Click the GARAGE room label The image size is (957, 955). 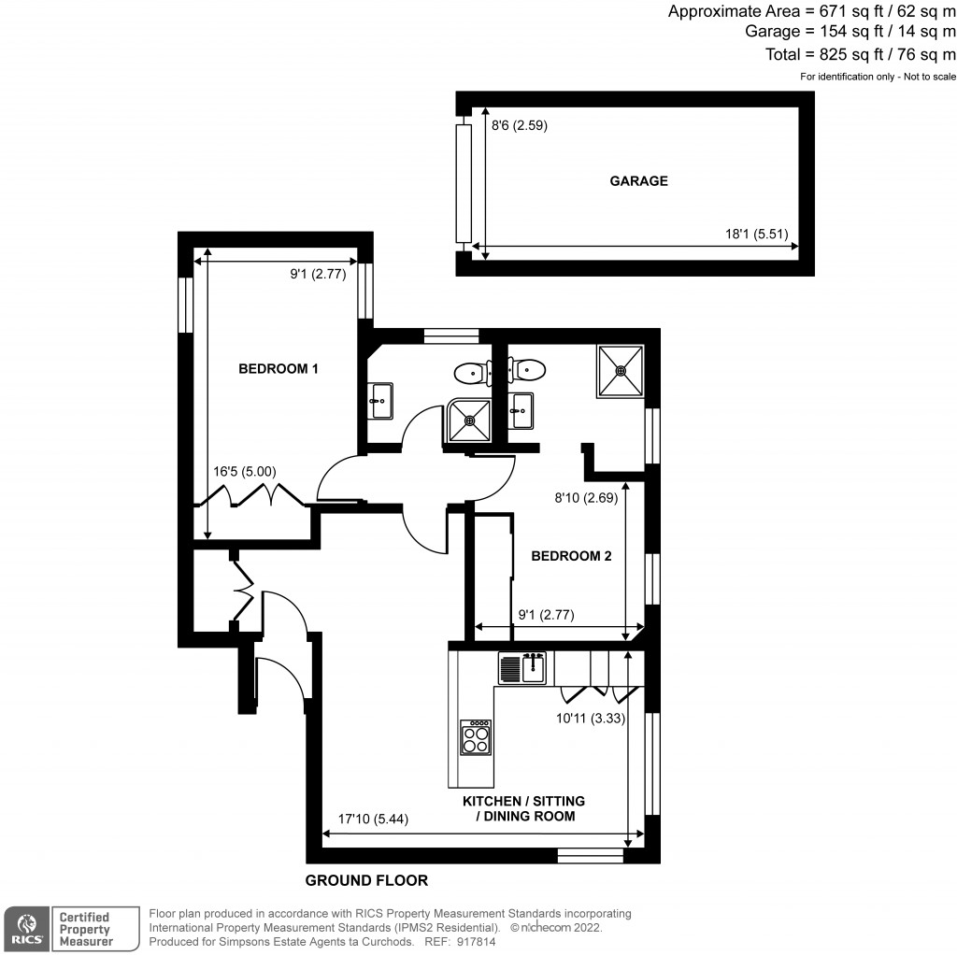(x=638, y=180)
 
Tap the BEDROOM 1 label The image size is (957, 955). (x=278, y=368)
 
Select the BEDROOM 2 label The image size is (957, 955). (x=571, y=556)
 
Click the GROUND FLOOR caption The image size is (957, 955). (x=366, y=880)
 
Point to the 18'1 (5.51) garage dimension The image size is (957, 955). (x=756, y=234)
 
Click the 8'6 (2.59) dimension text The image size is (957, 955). (x=520, y=125)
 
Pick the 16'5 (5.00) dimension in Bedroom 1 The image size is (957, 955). (x=244, y=472)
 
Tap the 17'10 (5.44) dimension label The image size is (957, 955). (x=373, y=819)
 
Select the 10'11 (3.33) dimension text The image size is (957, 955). (x=591, y=719)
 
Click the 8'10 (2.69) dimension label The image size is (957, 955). (x=586, y=498)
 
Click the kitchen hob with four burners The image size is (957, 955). (x=476, y=737)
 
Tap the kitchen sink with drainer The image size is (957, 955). (x=521, y=667)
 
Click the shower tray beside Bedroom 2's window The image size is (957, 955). (x=621, y=370)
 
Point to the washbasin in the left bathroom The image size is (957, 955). (x=381, y=401)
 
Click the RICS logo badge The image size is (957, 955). (x=26, y=929)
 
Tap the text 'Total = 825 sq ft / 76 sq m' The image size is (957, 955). (x=861, y=54)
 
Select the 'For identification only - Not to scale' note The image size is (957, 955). (x=878, y=77)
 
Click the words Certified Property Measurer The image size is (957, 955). (x=85, y=929)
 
